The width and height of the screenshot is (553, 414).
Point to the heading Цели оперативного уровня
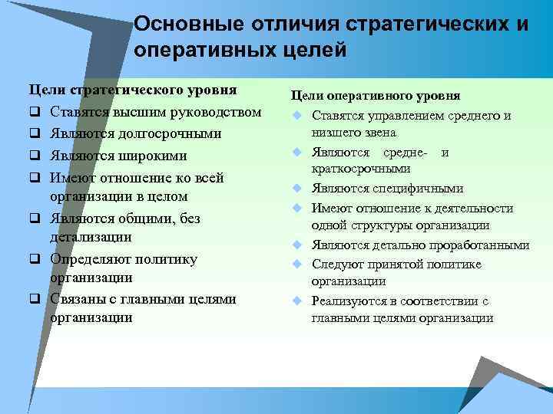pyautogui.click(x=374, y=96)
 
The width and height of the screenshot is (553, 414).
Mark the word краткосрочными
pyautogui.click(x=360, y=169)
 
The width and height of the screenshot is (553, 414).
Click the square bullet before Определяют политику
pyautogui.click(x=35, y=260)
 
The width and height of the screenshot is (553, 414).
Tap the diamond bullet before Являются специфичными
pyautogui.click(x=294, y=189)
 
